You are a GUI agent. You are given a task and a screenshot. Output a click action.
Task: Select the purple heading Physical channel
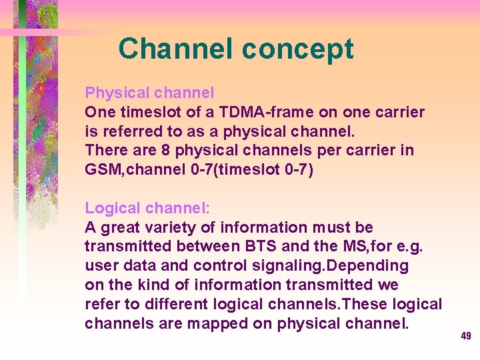149,92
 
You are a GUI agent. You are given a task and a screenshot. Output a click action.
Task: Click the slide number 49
466,336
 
